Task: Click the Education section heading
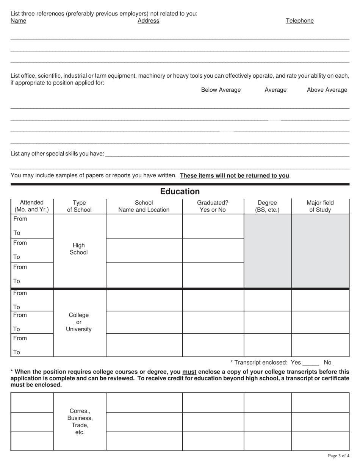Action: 180,191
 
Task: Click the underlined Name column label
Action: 18,21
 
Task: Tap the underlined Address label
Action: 148,21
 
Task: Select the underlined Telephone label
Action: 300,21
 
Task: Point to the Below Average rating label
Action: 221,90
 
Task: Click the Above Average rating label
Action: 327,90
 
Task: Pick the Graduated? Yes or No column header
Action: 213,206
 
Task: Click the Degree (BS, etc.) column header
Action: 267,206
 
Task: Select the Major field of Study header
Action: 320,206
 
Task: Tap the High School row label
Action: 79,249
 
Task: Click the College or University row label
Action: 79,322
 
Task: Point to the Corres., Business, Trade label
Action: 80,422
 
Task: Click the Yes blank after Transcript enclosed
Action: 311,363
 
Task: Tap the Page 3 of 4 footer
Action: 338,456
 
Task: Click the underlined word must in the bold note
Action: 189,372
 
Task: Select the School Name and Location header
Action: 144,206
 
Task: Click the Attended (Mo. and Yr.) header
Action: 32,206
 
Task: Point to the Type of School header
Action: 79,206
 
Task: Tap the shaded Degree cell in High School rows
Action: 267,251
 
